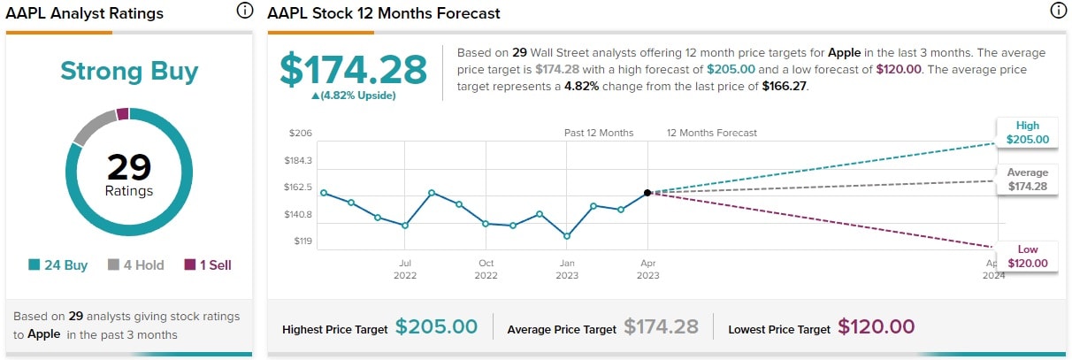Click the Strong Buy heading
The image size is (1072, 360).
pos(129,72)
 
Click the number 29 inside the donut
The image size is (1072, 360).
pos(129,166)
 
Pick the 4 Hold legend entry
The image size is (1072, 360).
pos(136,264)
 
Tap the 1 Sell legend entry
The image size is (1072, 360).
pos(208,264)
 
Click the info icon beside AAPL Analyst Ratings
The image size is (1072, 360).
pos(244,11)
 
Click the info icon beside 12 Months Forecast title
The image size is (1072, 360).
pos(1058,11)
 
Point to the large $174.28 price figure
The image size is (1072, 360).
pos(353,70)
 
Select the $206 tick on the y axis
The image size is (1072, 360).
pos(301,134)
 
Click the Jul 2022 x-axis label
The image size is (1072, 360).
pos(405,269)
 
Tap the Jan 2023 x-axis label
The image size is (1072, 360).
pos(567,269)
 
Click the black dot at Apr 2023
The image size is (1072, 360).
pos(647,192)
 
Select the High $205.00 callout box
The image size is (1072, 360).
pos(1027,133)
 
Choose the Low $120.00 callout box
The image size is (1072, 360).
pos(1027,257)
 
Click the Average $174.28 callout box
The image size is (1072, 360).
pos(1027,180)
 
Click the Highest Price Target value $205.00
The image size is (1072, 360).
pos(436,327)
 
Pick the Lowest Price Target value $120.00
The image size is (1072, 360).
pos(876,327)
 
